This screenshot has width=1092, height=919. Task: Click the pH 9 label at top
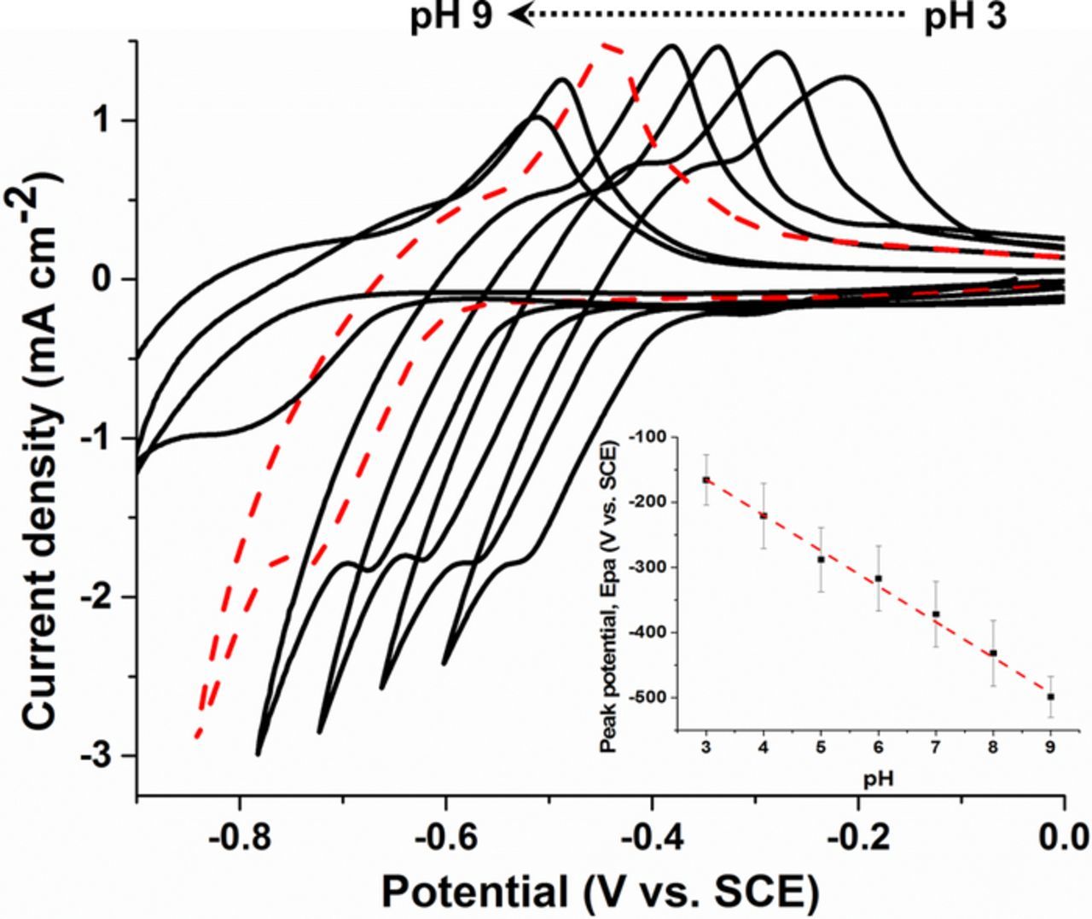click(x=451, y=17)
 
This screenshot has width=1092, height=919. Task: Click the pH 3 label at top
click(x=965, y=17)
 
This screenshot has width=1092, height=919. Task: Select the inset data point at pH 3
click(x=706, y=480)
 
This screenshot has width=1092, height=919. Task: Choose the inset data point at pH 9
click(x=1050, y=696)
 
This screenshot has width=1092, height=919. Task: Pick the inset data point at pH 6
click(x=878, y=579)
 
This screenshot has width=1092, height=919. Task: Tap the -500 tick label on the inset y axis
click(x=651, y=697)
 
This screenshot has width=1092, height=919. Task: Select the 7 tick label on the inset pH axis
click(x=936, y=748)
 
